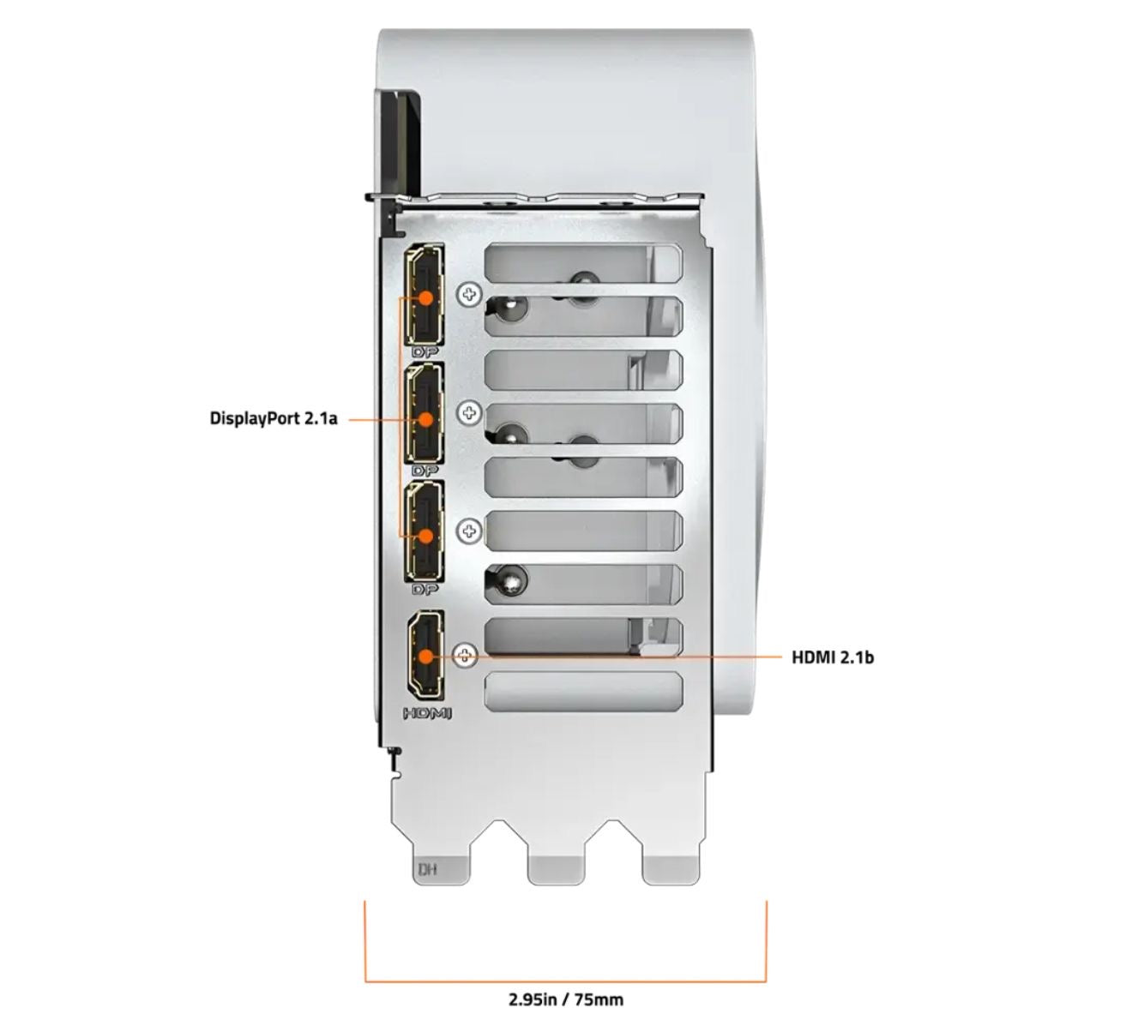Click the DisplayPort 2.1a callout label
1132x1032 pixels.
274,418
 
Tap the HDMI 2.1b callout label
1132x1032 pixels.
833,657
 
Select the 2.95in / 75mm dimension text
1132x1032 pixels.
566,999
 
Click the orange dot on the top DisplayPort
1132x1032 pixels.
426,297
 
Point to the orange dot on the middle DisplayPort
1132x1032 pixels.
426,419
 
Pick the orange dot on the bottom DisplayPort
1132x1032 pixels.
426,536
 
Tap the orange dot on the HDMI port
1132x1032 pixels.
426,657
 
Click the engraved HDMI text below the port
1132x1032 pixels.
427,714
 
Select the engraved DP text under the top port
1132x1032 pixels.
425,352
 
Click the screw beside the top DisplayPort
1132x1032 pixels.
469,294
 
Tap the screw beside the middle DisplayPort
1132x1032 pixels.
469,413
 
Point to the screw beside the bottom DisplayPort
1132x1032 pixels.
469,531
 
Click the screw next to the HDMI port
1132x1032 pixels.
466,655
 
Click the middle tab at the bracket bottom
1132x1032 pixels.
556,863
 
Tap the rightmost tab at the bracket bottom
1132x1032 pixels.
671,863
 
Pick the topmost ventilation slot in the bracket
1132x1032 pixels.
583,263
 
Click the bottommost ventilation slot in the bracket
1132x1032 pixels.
583,690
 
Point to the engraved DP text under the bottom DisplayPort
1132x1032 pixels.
425,590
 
